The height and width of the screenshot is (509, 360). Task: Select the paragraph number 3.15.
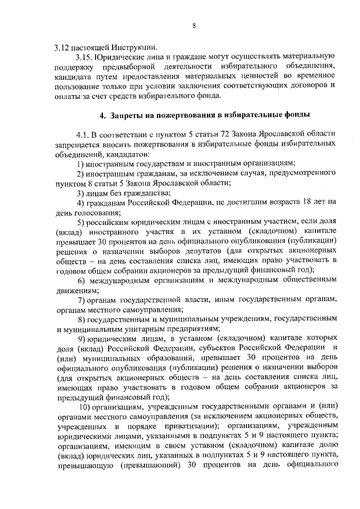tap(84, 57)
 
